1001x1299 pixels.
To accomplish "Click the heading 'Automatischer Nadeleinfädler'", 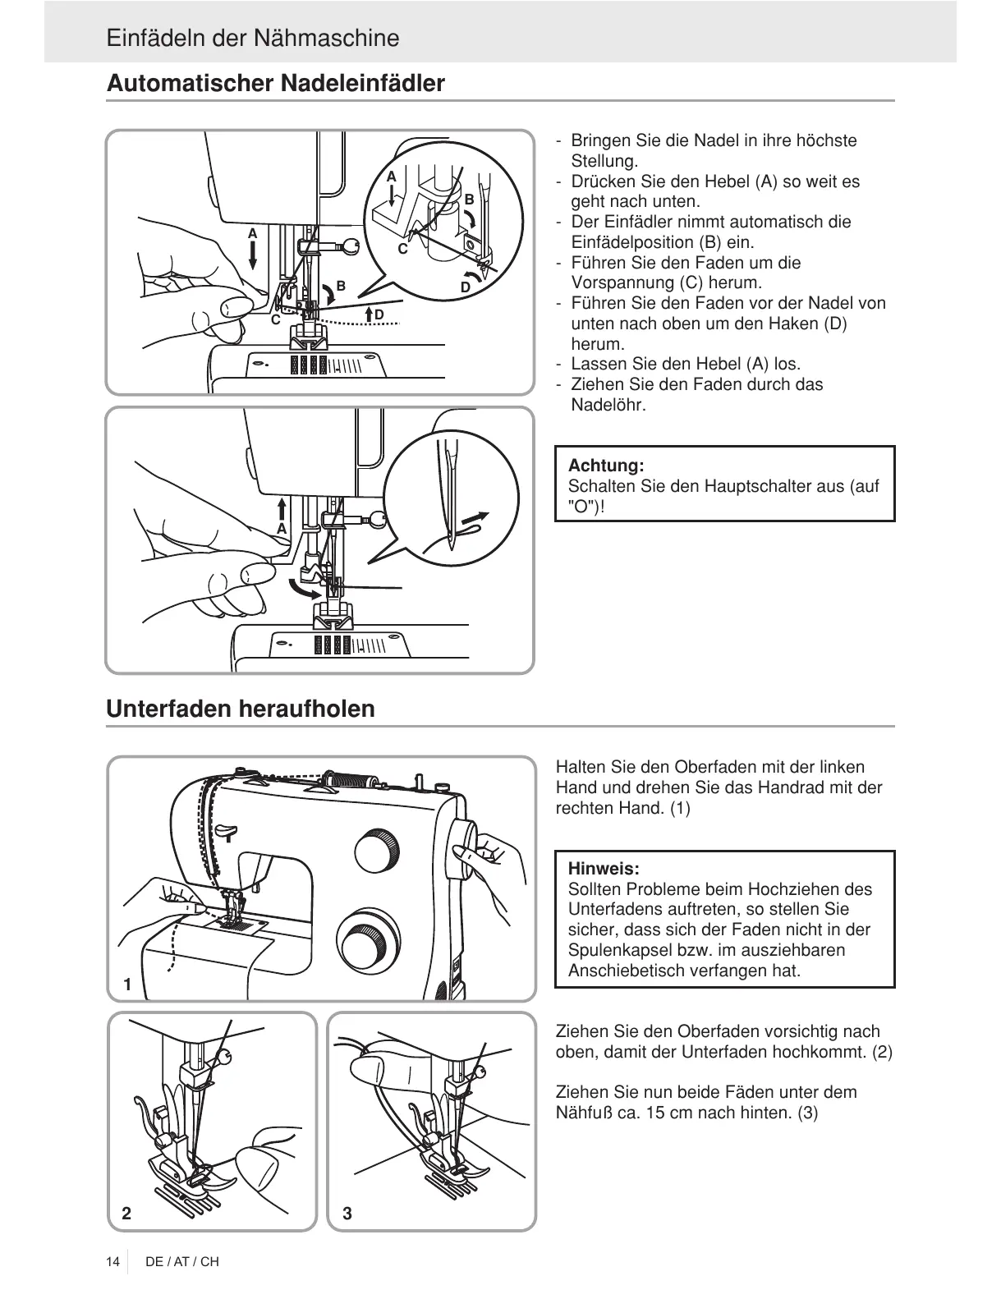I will click(275, 83).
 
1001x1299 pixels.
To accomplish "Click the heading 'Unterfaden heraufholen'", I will click(240, 709).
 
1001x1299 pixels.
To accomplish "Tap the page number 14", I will click(112, 1261).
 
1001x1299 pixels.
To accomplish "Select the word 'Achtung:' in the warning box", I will click(606, 466).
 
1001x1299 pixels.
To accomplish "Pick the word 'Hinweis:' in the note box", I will click(604, 869).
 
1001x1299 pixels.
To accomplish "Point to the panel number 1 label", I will click(127, 984).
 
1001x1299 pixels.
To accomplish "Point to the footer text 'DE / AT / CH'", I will click(182, 1261).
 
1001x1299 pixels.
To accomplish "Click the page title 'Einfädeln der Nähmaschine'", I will click(252, 38).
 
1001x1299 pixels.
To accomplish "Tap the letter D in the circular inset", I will click(466, 287).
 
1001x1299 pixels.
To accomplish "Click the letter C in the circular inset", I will click(402, 248).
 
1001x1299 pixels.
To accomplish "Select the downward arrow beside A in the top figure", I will click(253, 255).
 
